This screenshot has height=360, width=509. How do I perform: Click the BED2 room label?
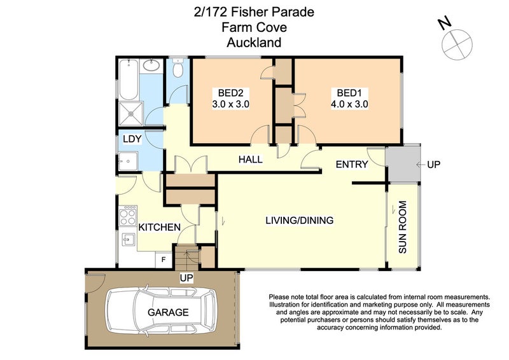230,93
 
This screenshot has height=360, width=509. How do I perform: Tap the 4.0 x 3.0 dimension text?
349,104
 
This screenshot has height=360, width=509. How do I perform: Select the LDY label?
132,139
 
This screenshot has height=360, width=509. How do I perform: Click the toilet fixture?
178,68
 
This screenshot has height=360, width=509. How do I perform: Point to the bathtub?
129,80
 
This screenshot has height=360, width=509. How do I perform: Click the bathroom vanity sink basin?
151,66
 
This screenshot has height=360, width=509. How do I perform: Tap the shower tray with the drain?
131,114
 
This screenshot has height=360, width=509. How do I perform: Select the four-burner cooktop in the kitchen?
128,216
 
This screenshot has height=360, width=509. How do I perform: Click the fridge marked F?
164,260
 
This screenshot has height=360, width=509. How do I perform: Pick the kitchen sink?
129,240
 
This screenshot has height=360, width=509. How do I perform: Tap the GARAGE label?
168,312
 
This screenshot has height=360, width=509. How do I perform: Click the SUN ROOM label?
402,227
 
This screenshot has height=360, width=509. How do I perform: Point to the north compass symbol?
457,44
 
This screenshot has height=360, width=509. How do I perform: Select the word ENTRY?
352,164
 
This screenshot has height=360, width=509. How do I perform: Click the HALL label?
250,160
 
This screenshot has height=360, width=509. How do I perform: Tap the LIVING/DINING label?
299,220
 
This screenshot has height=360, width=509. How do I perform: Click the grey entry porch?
403,164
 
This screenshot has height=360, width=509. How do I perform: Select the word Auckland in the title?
254,43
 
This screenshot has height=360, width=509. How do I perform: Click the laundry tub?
129,161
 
